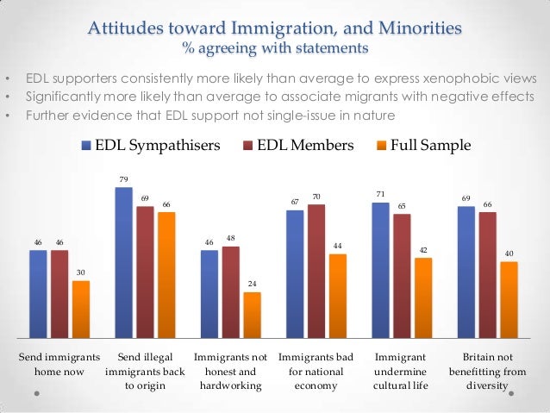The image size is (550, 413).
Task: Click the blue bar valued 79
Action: click(x=123, y=262)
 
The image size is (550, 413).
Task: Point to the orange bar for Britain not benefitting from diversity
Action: click(x=509, y=299)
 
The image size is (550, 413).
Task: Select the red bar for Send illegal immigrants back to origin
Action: click(x=145, y=272)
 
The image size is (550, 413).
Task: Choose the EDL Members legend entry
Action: click(x=299, y=146)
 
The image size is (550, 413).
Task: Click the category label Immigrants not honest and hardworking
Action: click(x=230, y=371)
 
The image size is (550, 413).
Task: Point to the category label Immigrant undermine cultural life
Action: click(x=402, y=371)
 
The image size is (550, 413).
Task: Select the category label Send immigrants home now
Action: click(x=59, y=363)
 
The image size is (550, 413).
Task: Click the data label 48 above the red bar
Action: click(x=230, y=238)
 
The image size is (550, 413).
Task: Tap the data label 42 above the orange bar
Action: click(x=423, y=249)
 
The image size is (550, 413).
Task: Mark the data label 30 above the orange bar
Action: click(x=80, y=272)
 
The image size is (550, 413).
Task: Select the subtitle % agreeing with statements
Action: click(x=275, y=46)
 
